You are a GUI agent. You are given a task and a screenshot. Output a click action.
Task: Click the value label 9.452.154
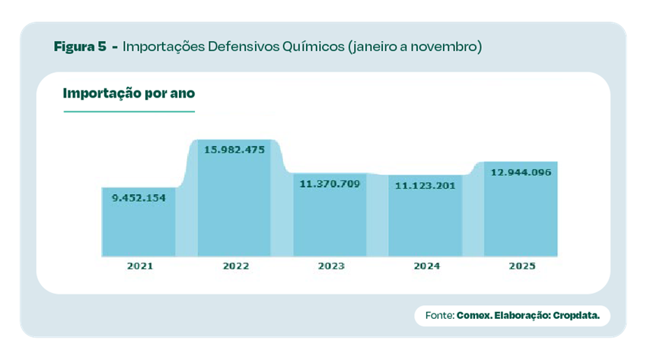coord(139,197)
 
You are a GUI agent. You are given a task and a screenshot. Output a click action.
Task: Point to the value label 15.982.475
coord(234,149)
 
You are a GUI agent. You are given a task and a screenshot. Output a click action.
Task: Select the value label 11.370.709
coord(330,183)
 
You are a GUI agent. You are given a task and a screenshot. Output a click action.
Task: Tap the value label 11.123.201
coord(425,185)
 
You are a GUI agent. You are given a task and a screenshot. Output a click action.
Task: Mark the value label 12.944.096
coord(521,172)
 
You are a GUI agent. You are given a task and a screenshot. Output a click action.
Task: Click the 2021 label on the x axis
coord(140,266)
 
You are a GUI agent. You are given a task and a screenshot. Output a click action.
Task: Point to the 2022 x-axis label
coord(235,266)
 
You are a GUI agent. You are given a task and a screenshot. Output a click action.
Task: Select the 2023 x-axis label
coord(331,266)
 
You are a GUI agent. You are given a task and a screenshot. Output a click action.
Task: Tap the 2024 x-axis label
coord(426,266)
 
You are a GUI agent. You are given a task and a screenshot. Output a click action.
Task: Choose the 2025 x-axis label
coord(522,266)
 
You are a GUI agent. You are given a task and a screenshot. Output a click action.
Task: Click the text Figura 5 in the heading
coord(80,46)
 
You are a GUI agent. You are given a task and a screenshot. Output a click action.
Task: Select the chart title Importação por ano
coord(129,94)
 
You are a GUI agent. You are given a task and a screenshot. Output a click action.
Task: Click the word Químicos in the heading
coord(315,46)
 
